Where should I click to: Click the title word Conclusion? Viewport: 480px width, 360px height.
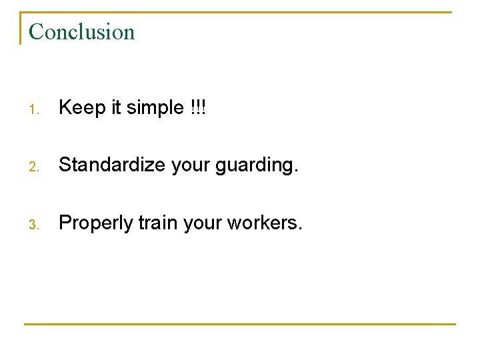coord(82,32)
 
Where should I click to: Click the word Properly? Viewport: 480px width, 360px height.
coord(96,223)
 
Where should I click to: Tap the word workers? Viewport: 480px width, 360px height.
coord(261,223)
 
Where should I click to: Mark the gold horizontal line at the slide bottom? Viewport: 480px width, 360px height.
coord(240,325)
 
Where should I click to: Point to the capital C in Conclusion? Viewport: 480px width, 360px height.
coord(37,32)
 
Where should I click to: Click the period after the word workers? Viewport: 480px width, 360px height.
coord(300,229)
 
